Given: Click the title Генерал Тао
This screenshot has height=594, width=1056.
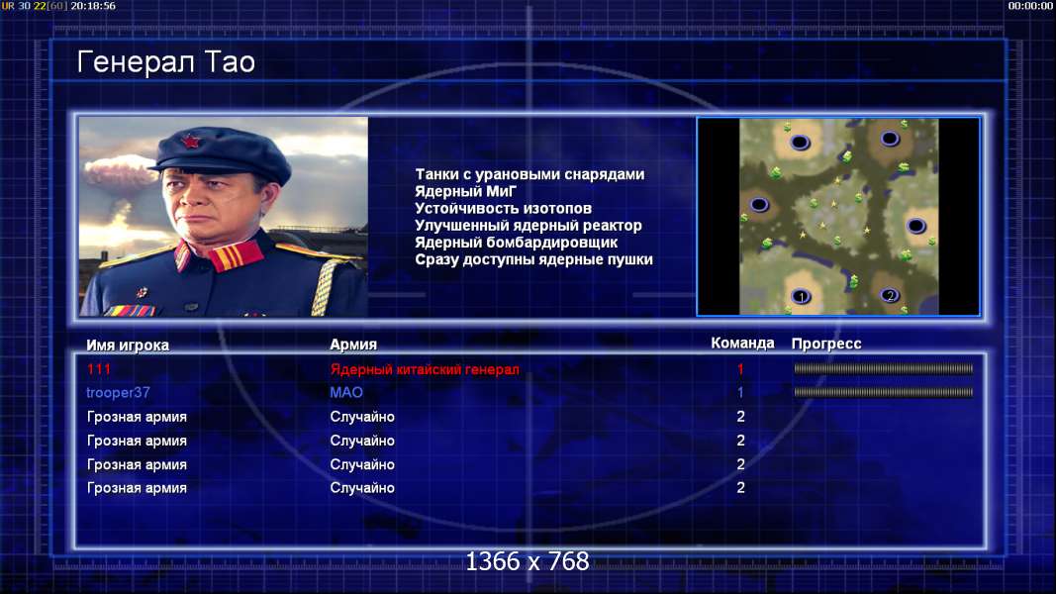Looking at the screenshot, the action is pyautogui.click(x=165, y=62).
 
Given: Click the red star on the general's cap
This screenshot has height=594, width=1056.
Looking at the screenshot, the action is pyautogui.click(x=191, y=142).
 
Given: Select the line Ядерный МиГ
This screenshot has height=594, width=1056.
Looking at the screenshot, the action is pyautogui.click(x=465, y=191).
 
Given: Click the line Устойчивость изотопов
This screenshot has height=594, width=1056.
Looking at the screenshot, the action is pyautogui.click(x=503, y=208).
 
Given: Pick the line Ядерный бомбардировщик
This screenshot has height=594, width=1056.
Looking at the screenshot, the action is pyautogui.click(x=516, y=243).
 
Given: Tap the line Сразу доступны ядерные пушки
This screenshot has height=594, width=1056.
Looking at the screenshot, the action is pyautogui.click(x=533, y=259).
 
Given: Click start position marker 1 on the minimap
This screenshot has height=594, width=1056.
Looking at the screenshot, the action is pyautogui.click(x=801, y=296).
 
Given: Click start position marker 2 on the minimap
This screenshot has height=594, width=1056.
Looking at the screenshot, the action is pyautogui.click(x=890, y=295).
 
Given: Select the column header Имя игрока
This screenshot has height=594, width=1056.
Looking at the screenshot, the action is pyautogui.click(x=128, y=345).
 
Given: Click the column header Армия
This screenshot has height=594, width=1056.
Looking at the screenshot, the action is pyautogui.click(x=353, y=345).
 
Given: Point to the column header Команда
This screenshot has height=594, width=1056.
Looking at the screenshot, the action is pyautogui.click(x=742, y=343).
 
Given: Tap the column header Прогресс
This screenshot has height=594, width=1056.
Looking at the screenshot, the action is pyautogui.click(x=825, y=344).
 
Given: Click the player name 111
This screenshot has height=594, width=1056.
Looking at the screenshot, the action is pyautogui.click(x=98, y=369).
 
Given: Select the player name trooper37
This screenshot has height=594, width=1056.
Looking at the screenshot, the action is pyautogui.click(x=118, y=392).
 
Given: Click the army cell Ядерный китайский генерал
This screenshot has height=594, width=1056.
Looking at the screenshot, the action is pyautogui.click(x=425, y=369).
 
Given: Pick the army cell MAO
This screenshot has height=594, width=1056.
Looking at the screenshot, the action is pyautogui.click(x=346, y=392).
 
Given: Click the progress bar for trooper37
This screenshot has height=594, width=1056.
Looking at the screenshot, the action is pyautogui.click(x=884, y=392).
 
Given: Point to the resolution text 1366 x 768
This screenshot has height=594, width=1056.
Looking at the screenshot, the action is pyautogui.click(x=528, y=561).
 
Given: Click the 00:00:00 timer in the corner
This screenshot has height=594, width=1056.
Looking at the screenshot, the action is pyautogui.click(x=1029, y=5).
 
